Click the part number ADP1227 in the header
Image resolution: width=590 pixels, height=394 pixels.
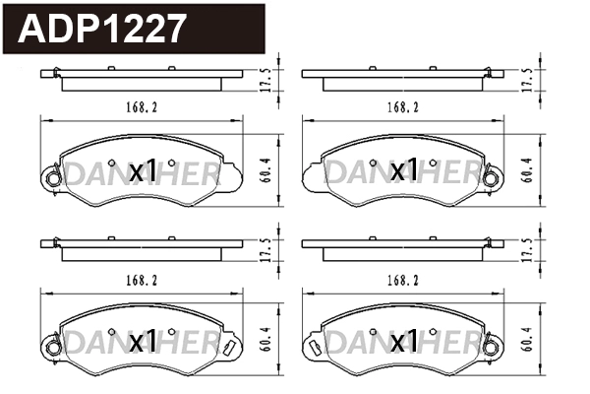101,29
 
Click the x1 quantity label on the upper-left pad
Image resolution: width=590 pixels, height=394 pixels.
144,172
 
